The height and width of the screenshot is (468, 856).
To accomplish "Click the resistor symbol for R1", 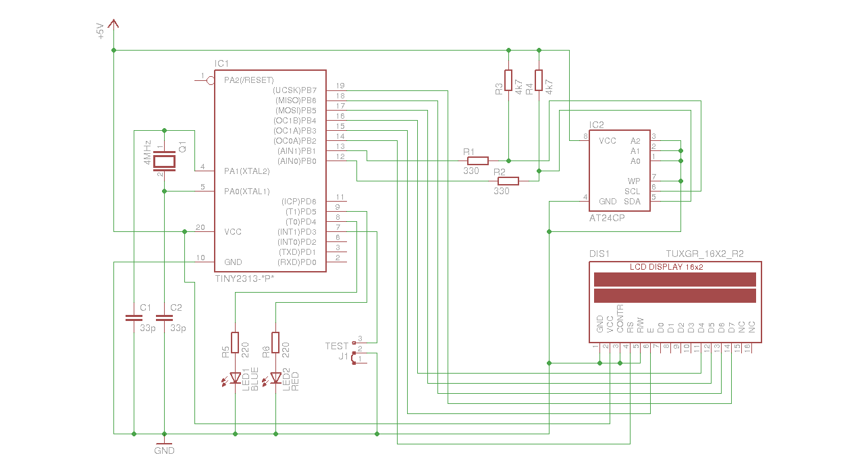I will pyautogui.click(x=478, y=160).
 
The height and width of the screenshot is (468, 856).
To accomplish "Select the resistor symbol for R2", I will pyautogui.click(x=508, y=181).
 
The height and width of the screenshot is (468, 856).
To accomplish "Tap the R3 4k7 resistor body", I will pyautogui.click(x=508, y=80).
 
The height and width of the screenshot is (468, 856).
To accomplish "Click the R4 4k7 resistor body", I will pyautogui.click(x=539, y=80).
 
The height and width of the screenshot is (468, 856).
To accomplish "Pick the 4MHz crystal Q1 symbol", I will pyautogui.click(x=164, y=160).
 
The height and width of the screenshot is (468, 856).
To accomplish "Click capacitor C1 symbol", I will pyautogui.click(x=134, y=316).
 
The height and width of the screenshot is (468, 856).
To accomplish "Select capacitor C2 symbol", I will pyautogui.click(x=164, y=316).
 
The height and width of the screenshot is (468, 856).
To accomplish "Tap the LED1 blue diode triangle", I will pyautogui.click(x=235, y=378).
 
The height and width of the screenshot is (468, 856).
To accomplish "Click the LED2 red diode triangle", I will pyautogui.click(x=275, y=378).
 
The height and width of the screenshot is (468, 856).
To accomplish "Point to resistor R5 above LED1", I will pyautogui.click(x=235, y=342).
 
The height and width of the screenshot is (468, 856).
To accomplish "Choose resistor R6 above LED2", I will pyautogui.click(x=275, y=342).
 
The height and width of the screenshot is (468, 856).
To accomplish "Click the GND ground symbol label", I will pyautogui.click(x=164, y=450).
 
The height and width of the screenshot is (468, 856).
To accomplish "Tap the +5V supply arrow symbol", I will pyautogui.click(x=113, y=26).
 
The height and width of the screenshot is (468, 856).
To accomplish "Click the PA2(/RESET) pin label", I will pyautogui.click(x=248, y=80).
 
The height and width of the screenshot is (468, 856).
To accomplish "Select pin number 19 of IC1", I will pyautogui.click(x=340, y=86).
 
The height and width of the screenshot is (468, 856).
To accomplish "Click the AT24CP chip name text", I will pyautogui.click(x=607, y=218).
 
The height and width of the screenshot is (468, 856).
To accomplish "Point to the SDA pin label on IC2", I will pyautogui.click(x=632, y=202).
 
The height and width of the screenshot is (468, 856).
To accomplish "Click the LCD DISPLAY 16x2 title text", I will pyautogui.click(x=666, y=267).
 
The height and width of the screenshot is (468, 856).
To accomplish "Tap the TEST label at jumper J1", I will pyautogui.click(x=336, y=346).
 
